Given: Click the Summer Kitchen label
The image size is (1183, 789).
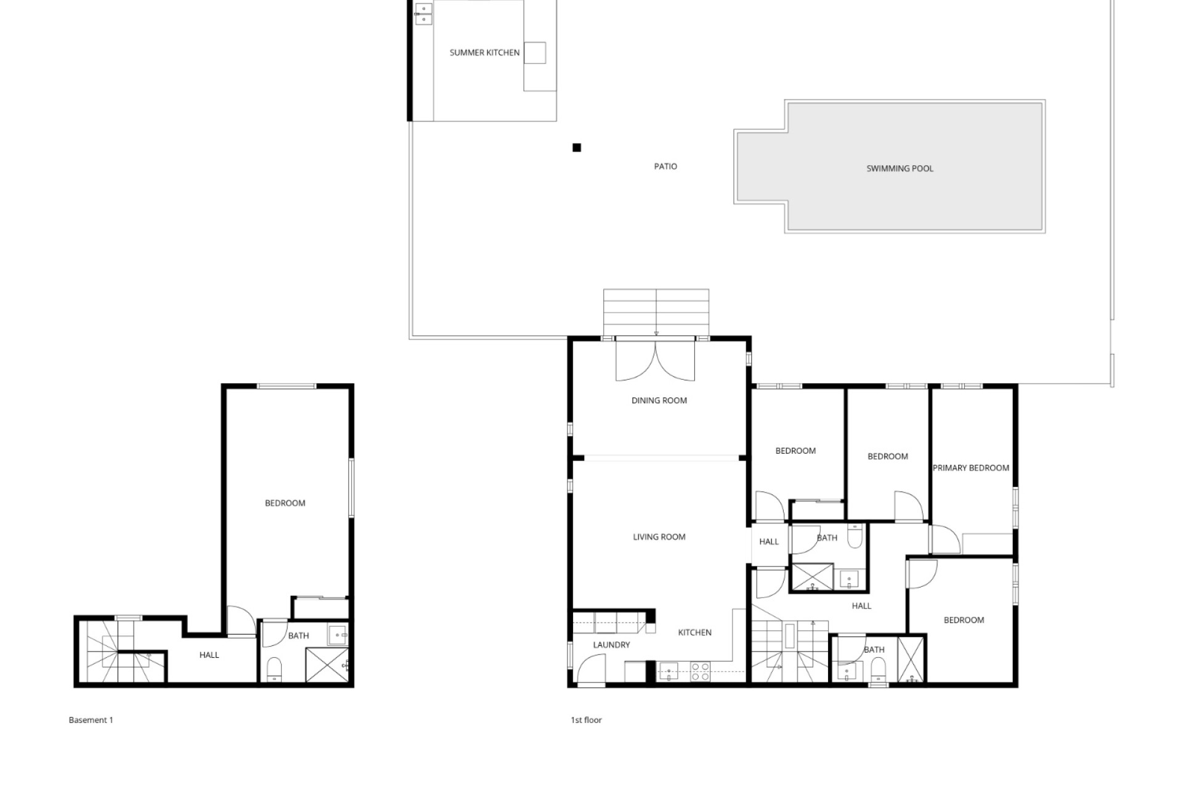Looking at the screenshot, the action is click(x=484, y=53).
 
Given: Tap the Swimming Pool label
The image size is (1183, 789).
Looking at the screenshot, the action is click(x=900, y=168).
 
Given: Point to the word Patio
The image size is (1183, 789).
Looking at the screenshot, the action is click(x=665, y=166).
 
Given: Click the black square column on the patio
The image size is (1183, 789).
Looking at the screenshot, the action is click(x=577, y=147).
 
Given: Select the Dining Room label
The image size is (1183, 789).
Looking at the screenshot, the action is click(x=659, y=401).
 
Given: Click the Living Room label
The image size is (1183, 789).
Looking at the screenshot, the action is click(x=659, y=537).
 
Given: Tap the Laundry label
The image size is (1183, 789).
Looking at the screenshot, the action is click(x=611, y=645).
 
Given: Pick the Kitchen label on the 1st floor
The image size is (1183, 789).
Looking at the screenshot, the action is click(x=694, y=632).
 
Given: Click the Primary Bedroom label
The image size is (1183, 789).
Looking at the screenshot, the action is click(x=970, y=468).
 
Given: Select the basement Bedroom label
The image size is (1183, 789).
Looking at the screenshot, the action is click(x=285, y=503).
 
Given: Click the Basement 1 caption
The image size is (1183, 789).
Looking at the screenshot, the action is click(x=91, y=720).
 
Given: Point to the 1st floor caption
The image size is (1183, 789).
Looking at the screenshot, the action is click(x=586, y=720).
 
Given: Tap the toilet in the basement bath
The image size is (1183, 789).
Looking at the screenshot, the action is click(x=275, y=669).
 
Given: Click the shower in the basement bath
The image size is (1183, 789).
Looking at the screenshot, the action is click(x=327, y=665).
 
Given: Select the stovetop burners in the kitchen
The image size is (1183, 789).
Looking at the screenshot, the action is click(x=700, y=671).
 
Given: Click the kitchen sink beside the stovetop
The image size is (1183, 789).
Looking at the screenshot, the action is click(x=668, y=670).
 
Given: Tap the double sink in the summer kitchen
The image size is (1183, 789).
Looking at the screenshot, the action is click(x=423, y=13).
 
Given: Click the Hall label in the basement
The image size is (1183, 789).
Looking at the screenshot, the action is click(x=209, y=655).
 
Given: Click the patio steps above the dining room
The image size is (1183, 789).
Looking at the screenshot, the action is click(x=656, y=313).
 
